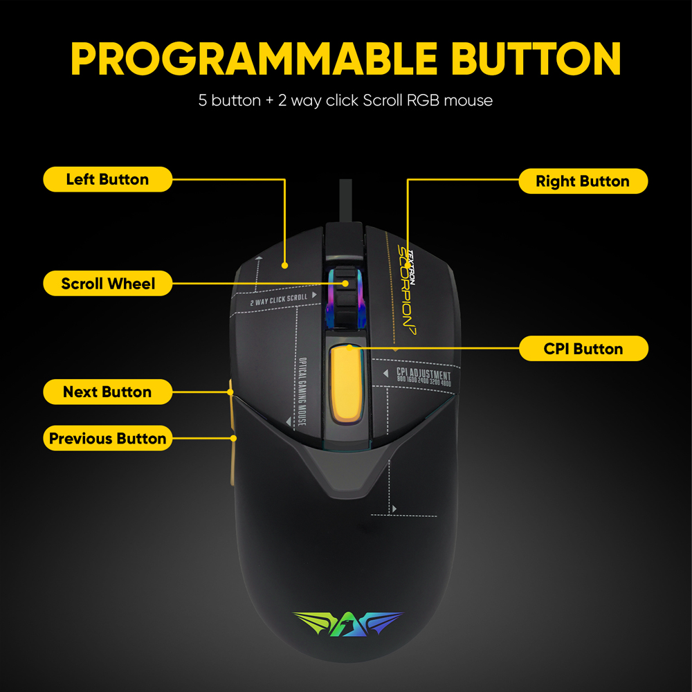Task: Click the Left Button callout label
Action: coord(107,179)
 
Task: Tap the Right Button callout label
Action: coord(583,181)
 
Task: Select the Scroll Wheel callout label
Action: coord(107,283)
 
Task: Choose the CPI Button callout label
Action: coord(583,349)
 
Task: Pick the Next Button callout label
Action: coord(107,392)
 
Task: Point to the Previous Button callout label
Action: coord(107,438)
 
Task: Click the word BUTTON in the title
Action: coord(536,59)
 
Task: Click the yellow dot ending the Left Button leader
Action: coord(284,264)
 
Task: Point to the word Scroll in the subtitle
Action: coord(383,100)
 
